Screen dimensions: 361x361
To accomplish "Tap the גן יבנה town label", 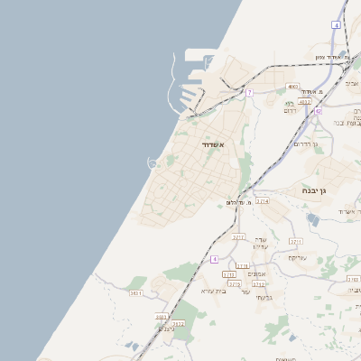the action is (x=319, y=190).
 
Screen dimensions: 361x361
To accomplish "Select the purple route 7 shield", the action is (x=250, y=93).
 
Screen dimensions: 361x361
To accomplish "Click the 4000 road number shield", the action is (x=292, y=87).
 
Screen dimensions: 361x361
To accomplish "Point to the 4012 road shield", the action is (x=305, y=102).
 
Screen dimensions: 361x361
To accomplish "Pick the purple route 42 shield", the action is (x=318, y=111).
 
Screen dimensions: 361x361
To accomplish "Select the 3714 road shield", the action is (x=263, y=201).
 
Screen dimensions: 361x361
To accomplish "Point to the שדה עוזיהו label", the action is (x=260, y=243).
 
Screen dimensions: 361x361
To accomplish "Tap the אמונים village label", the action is (x=256, y=273).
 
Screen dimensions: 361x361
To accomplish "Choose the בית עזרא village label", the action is (x=212, y=291).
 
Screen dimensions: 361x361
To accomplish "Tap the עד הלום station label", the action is (x=237, y=203).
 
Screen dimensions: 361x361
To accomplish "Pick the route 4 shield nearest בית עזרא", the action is (x=215, y=259).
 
